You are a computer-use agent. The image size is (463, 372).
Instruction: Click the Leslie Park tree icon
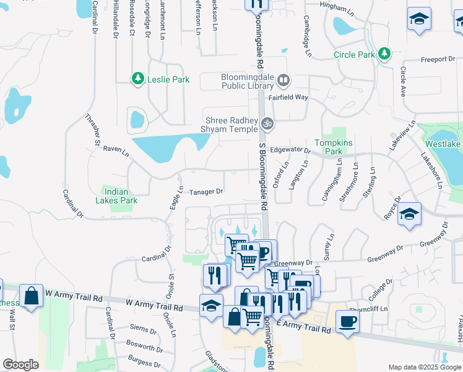point(137,79)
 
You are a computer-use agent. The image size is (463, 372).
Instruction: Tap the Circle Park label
point(353,55)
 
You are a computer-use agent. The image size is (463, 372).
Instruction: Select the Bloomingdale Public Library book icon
point(283,79)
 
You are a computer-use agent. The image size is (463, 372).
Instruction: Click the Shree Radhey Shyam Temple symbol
point(267,123)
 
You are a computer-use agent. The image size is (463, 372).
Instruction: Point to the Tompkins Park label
point(333,147)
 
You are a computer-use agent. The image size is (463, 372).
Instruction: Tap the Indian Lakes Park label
point(116,196)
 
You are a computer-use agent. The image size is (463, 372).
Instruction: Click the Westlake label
point(445,144)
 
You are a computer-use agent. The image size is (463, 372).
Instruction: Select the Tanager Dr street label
point(206,192)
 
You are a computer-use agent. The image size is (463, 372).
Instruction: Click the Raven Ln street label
point(116,149)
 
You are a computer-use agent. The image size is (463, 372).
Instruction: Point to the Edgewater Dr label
point(290,150)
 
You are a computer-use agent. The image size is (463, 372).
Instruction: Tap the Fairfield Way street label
point(288,97)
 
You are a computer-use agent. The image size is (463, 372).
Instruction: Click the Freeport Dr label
point(438,60)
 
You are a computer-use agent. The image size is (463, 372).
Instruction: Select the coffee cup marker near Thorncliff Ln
point(347,321)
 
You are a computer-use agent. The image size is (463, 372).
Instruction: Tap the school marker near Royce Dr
point(409,214)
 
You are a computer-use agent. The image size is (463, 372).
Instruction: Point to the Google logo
point(20,365)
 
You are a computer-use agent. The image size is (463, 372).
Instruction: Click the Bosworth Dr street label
point(144,342)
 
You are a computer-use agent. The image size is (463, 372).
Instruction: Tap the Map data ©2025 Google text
point(424,367)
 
